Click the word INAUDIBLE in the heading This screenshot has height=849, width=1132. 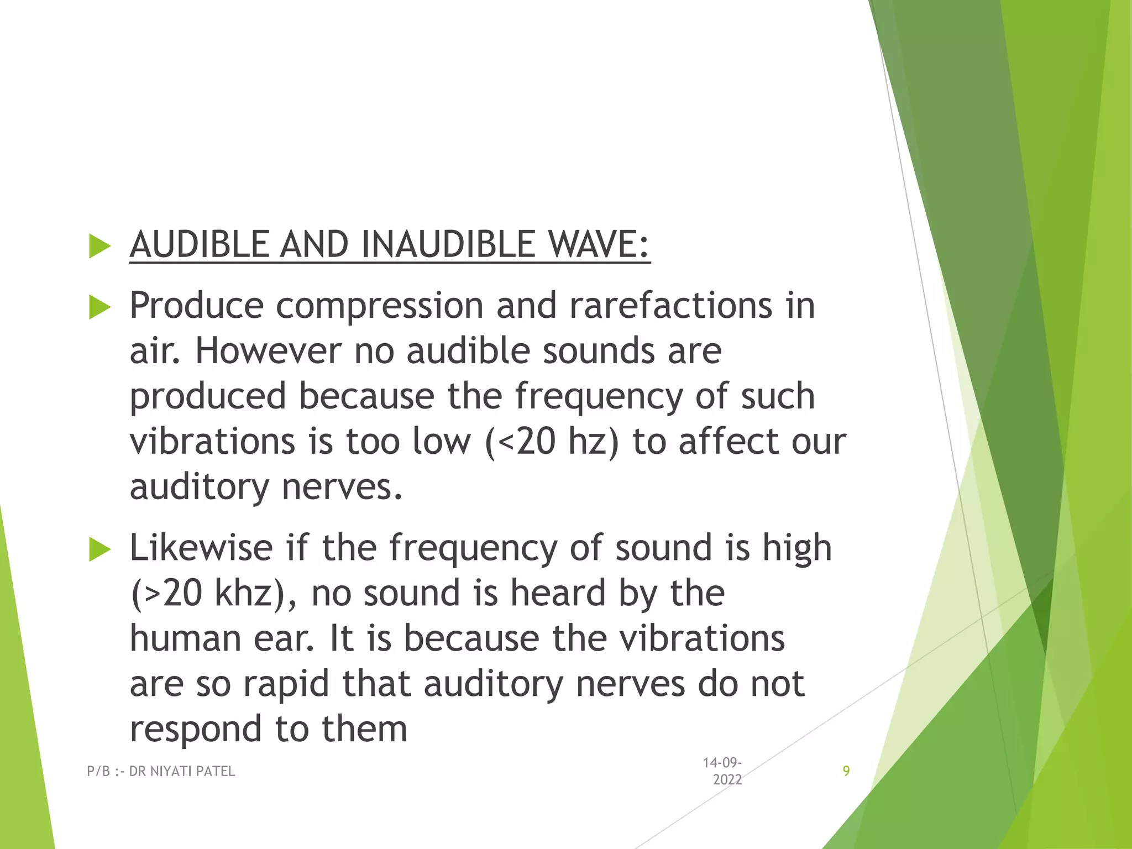coord(448,244)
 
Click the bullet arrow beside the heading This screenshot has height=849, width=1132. coord(99,246)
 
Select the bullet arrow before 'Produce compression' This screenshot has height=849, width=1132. coord(99,307)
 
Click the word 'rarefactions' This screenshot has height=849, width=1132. coord(670,306)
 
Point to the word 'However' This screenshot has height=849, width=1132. coord(268,351)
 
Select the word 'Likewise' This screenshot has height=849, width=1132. coord(201,548)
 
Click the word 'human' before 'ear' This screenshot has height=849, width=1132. coord(186,638)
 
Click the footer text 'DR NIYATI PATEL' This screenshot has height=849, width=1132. coord(182,771)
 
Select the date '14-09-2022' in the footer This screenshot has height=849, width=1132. coord(722,771)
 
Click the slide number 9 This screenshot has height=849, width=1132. coord(846,771)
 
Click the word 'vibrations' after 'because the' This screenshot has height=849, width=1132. coord(701,638)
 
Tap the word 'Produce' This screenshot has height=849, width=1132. coord(196,306)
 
